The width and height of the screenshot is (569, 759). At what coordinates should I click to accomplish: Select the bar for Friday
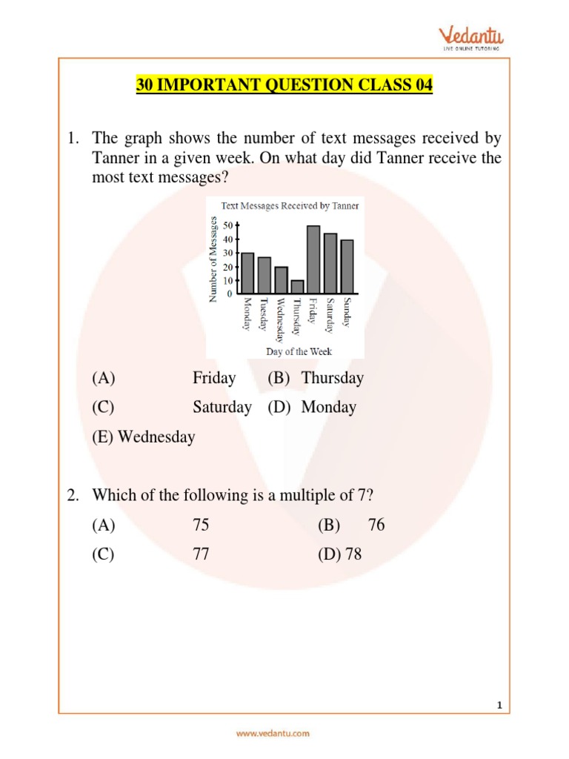coord(313,259)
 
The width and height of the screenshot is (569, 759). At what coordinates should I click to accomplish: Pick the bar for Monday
coord(247,274)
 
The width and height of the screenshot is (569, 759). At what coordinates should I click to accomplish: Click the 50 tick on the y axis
coord(227,225)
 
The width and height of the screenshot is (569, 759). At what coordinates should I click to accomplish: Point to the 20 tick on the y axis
coord(227,267)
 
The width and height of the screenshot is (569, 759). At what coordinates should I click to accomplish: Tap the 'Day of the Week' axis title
coord(299,351)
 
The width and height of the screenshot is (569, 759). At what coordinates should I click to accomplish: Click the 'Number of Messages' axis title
coord(213,259)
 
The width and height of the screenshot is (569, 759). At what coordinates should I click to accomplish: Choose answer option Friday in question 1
coord(214,378)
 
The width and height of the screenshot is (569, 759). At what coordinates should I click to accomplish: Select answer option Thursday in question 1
coord(333,378)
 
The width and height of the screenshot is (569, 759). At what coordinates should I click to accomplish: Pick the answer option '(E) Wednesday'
coord(144,437)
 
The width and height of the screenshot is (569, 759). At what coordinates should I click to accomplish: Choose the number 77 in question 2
coord(201,554)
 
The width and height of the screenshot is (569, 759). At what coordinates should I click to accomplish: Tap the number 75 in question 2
coord(201,526)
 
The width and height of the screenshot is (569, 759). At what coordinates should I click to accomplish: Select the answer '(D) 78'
coord(340,554)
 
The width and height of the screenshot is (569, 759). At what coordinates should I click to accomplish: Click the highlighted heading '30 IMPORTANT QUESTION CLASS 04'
coord(284,85)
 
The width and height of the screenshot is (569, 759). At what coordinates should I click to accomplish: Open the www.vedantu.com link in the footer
coord(273,733)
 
